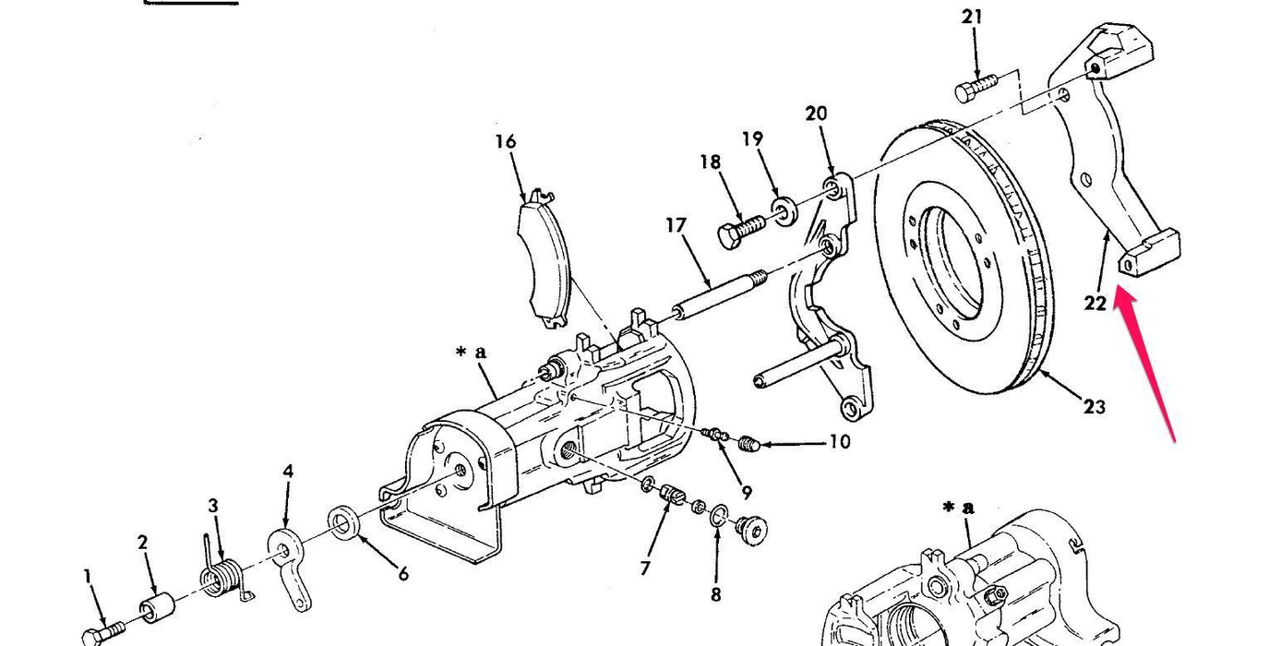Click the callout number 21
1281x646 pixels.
pos(972,17)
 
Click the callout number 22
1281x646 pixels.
pos(1095,303)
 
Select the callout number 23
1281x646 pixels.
pos(1094,406)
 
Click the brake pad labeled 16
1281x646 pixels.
pos(544,261)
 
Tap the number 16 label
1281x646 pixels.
pos(505,142)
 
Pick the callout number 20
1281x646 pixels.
pos(816,114)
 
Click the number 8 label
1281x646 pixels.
pos(715,595)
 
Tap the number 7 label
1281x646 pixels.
pos(645,568)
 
